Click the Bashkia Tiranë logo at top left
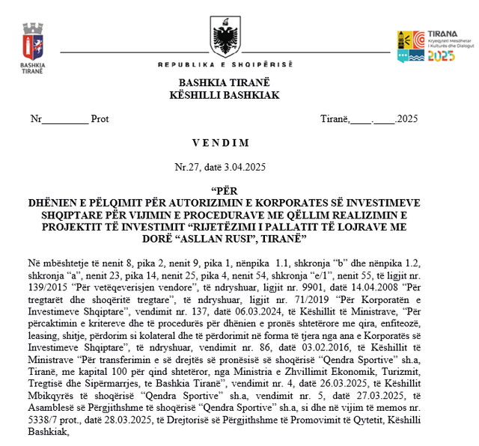(32, 43)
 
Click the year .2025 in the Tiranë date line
(406, 119)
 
